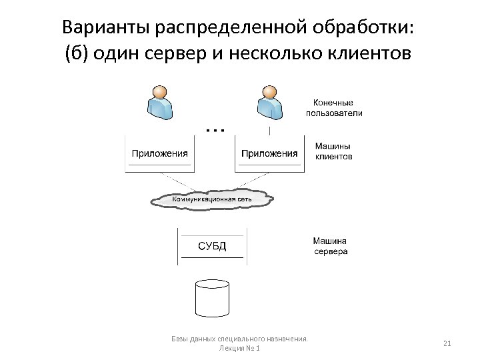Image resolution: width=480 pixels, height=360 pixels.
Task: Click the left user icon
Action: point(159,101)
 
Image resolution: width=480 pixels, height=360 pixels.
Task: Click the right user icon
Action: point(269,101)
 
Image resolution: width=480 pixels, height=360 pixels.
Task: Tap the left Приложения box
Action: point(159,153)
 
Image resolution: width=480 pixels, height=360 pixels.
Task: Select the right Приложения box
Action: point(269,153)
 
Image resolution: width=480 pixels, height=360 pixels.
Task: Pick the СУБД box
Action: point(213,247)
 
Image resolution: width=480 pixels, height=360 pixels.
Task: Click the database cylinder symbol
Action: point(211,297)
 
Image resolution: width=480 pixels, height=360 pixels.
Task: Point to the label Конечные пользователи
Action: point(334,108)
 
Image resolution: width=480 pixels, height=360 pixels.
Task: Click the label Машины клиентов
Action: point(333,152)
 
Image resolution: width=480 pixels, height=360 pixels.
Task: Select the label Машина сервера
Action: point(330,247)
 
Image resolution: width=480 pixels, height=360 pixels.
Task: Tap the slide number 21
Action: point(447,343)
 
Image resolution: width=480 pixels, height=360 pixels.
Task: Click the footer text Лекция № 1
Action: point(239,349)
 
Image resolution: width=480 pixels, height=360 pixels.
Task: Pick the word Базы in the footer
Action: point(181,339)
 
